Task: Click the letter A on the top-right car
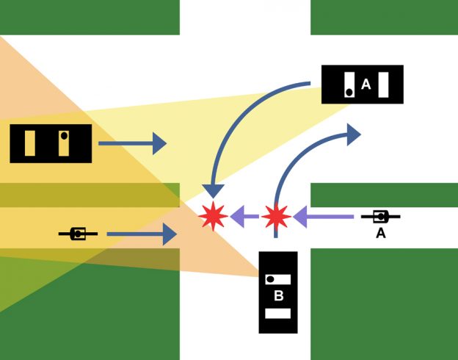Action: [x=366, y=85]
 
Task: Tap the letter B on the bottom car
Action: [x=278, y=296]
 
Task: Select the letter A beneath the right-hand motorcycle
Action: [x=380, y=233]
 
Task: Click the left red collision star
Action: [x=213, y=216]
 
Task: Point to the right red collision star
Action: [x=275, y=216]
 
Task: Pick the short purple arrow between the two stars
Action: [x=244, y=216]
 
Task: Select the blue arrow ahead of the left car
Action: [x=132, y=143]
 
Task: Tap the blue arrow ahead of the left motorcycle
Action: [x=142, y=234]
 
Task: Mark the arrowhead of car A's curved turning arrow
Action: [x=213, y=192]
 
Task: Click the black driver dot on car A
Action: [x=349, y=92]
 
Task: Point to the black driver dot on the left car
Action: [x=64, y=136]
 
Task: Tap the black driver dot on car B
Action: [x=269, y=280]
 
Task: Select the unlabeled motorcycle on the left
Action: [x=78, y=234]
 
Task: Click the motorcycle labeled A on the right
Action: [x=380, y=216]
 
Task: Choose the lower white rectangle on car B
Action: [x=277, y=314]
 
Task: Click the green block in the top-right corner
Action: [x=384, y=17]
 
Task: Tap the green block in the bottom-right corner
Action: [x=384, y=303]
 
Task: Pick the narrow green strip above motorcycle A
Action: [x=384, y=195]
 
